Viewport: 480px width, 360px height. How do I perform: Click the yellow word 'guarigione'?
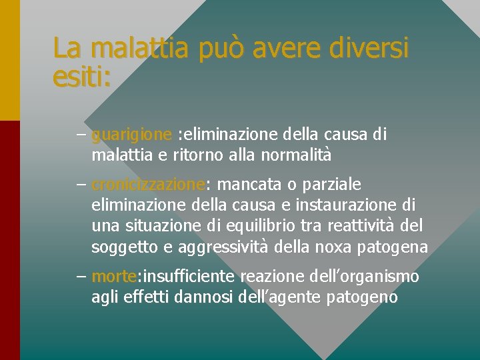132,135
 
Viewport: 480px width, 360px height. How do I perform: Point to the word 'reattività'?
363,226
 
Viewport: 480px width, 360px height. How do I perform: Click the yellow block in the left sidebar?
9,60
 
